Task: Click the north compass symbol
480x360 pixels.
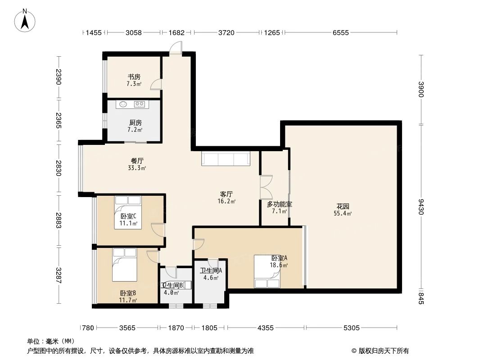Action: (26, 20)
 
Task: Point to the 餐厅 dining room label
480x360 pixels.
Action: (137, 160)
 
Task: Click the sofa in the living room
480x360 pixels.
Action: (225, 159)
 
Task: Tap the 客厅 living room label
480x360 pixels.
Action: (226, 194)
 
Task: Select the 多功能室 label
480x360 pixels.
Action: (279, 204)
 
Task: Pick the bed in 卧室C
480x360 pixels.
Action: (128, 212)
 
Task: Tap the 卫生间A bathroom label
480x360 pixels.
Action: (211, 271)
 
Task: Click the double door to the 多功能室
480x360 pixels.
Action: (266, 187)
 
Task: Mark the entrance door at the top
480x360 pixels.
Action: (176, 49)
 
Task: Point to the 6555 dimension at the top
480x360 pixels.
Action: (340, 32)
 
